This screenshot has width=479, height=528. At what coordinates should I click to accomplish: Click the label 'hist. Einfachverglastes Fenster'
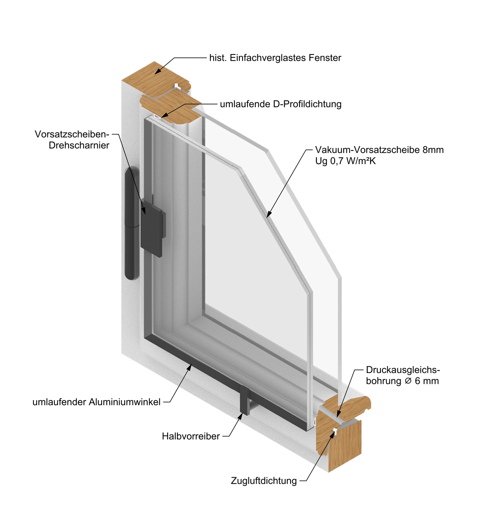(x=275, y=58)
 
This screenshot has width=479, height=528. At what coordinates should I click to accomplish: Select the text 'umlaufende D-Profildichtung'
(x=281, y=104)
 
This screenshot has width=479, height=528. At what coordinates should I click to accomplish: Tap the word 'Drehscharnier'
(x=79, y=146)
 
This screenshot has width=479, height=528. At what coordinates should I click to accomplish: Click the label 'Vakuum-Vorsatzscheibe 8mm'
(x=379, y=150)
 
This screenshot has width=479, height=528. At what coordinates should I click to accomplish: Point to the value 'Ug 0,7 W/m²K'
(x=345, y=161)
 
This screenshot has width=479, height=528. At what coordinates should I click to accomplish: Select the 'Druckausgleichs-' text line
(x=403, y=370)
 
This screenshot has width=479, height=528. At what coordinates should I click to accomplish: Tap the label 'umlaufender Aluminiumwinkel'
(x=97, y=402)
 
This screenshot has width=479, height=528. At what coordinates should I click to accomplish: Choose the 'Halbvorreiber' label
(x=191, y=436)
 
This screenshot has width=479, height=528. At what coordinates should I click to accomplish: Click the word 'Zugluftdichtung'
(x=264, y=481)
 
